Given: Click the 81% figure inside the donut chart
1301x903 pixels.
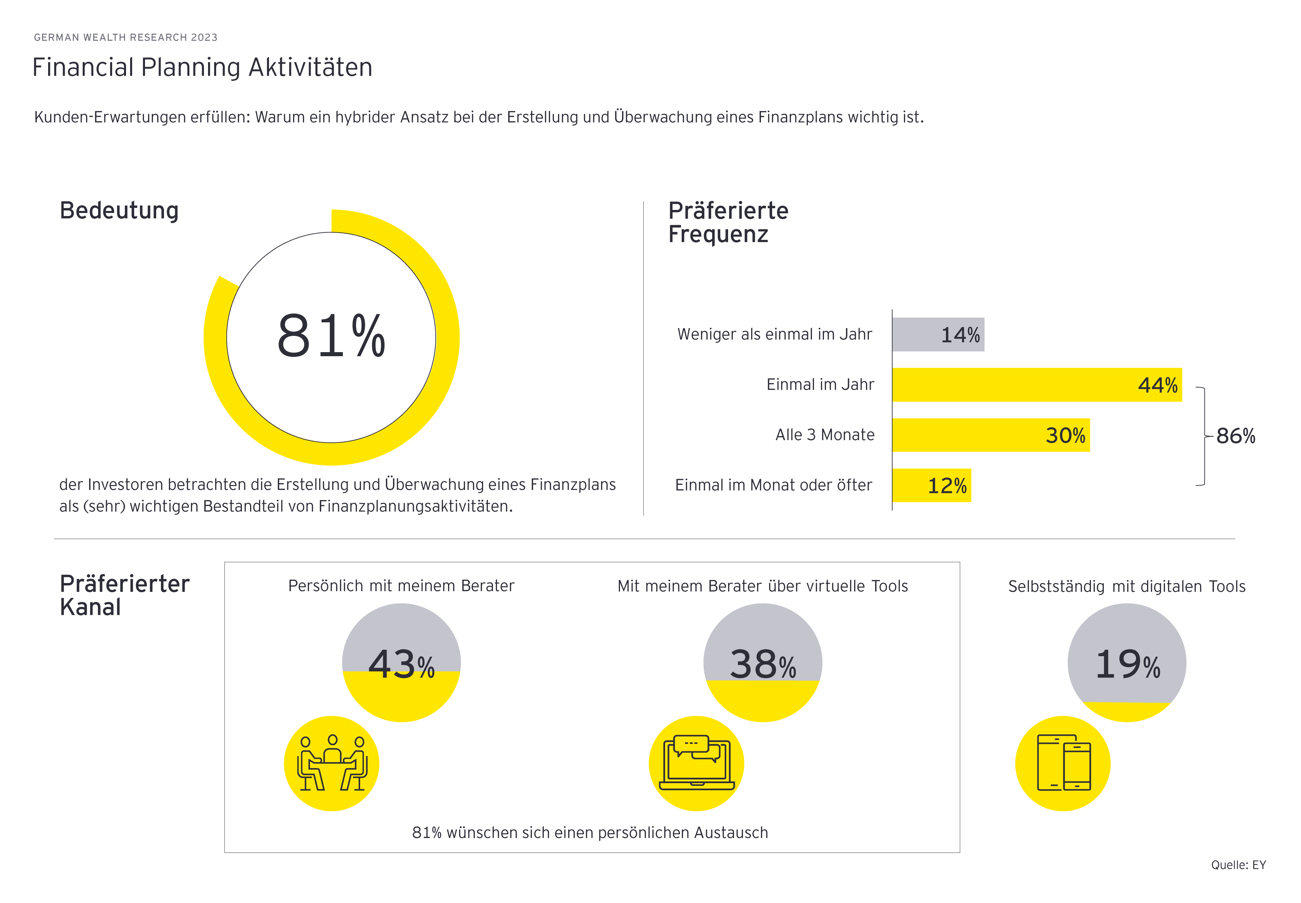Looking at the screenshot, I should tap(331, 336).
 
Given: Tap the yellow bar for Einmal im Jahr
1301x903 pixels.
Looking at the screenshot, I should tap(1036, 385).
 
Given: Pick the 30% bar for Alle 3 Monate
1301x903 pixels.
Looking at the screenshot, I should tap(990, 435).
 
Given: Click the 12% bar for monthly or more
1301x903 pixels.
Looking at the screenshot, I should tap(931, 486).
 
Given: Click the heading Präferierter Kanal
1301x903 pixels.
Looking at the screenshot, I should tap(124, 595).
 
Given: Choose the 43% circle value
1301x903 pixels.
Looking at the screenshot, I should tap(401, 664).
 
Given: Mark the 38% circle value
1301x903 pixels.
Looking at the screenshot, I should tap(763, 664).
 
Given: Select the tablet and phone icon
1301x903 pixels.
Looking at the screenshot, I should tap(1063, 763).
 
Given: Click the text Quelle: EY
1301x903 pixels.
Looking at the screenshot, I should tap(1238, 864).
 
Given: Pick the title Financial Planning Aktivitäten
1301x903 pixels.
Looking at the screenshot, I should tap(202, 67).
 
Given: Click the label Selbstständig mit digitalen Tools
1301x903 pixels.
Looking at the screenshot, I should tap(1127, 586).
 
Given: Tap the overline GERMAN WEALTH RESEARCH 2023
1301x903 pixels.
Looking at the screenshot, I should tap(126, 37).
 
